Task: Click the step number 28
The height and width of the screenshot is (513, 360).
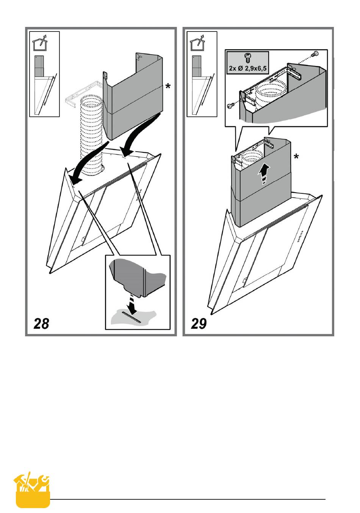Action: click(41, 323)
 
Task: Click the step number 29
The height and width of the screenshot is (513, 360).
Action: click(199, 323)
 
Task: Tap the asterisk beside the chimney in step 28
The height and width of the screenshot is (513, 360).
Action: click(167, 88)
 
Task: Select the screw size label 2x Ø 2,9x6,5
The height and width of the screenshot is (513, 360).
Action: click(248, 69)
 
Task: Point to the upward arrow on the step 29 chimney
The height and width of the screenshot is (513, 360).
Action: click(264, 174)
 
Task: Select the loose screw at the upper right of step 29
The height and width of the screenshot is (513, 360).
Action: click(314, 55)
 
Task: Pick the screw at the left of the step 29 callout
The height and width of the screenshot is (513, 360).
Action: click(230, 107)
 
